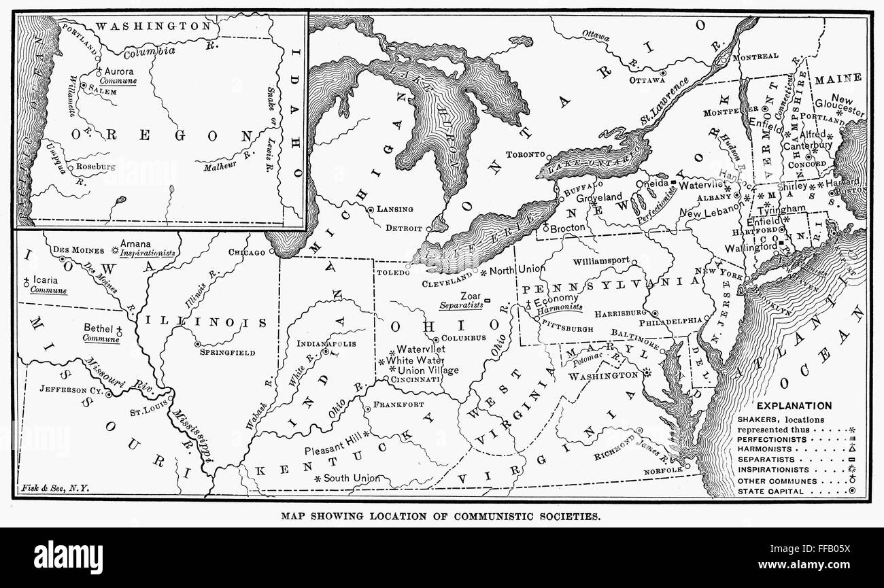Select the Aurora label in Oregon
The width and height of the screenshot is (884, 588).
(x=120, y=71)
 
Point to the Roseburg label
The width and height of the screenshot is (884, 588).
(x=96, y=165)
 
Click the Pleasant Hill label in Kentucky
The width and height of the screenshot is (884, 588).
(x=334, y=451)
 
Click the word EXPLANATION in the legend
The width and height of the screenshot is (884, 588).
(x=794, y=406)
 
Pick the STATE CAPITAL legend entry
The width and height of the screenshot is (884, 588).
(x=769, y=491)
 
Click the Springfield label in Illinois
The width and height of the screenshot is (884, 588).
(x=227, y=353)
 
